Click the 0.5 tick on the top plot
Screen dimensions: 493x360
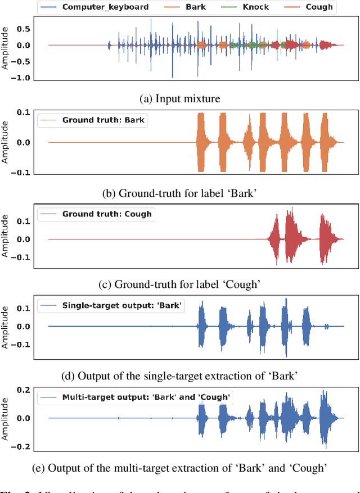point(23,29)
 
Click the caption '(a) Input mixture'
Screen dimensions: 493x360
point(179,99)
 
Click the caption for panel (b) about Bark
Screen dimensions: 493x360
point(179,193)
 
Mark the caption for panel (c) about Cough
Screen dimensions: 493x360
point(179,284)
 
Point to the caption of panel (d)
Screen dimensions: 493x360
point(179,376)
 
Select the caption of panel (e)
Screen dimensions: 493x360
point(179,468)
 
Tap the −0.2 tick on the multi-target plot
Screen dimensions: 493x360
point(23,446)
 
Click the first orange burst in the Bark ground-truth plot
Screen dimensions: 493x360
point(201,142)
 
